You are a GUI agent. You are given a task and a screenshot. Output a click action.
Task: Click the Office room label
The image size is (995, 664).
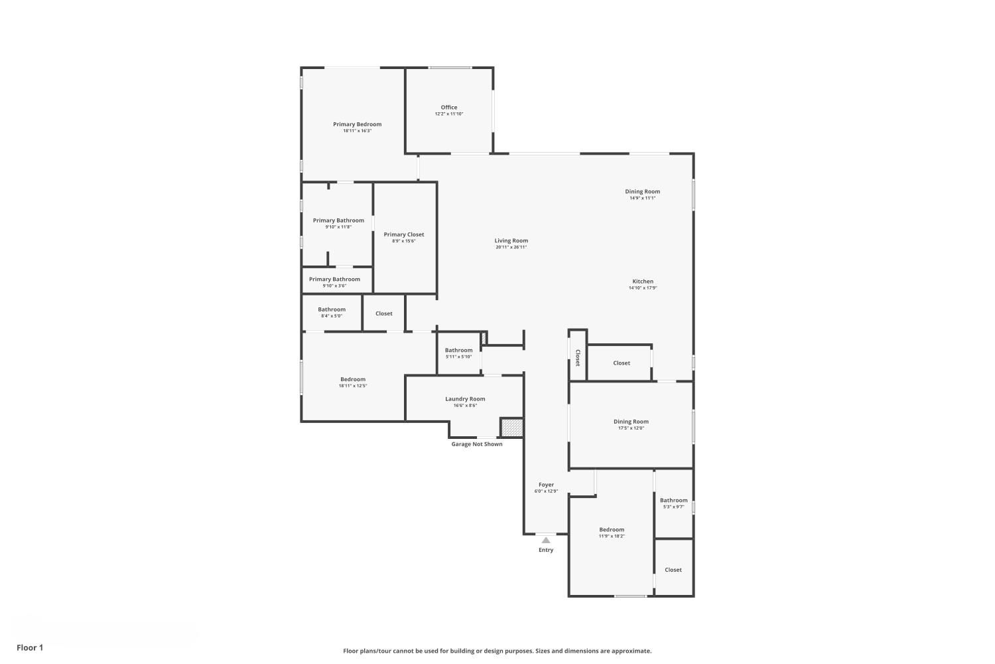[x=448, y=107]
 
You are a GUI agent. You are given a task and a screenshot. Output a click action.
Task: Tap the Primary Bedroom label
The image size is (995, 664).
[x=357, y=124]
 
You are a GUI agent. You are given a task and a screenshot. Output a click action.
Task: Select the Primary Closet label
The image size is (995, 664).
[x=404, y=234]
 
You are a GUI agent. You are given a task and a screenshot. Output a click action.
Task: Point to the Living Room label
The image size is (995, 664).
[x=511, y=240]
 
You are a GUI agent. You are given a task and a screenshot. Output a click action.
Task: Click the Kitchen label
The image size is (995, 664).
[x=643, y=281]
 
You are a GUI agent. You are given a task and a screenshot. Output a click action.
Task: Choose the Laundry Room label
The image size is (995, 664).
[x=465, y=399]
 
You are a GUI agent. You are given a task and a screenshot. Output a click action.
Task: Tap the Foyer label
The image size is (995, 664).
[x=546, y=485]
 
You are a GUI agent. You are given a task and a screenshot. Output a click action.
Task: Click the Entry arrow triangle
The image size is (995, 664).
[x=546, y=540]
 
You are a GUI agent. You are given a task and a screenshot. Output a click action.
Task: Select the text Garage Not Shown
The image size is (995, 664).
[x=477, y=444]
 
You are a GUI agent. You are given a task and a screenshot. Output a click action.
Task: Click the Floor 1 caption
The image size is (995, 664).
[x=30, y=647]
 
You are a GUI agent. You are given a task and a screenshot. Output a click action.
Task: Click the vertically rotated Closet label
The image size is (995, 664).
[x=578, y=358]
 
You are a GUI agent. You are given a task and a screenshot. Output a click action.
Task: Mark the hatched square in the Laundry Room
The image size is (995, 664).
[x=511, y=428]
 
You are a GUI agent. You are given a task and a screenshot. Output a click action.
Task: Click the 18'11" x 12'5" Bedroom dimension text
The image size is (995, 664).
[x=353, y=386]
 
